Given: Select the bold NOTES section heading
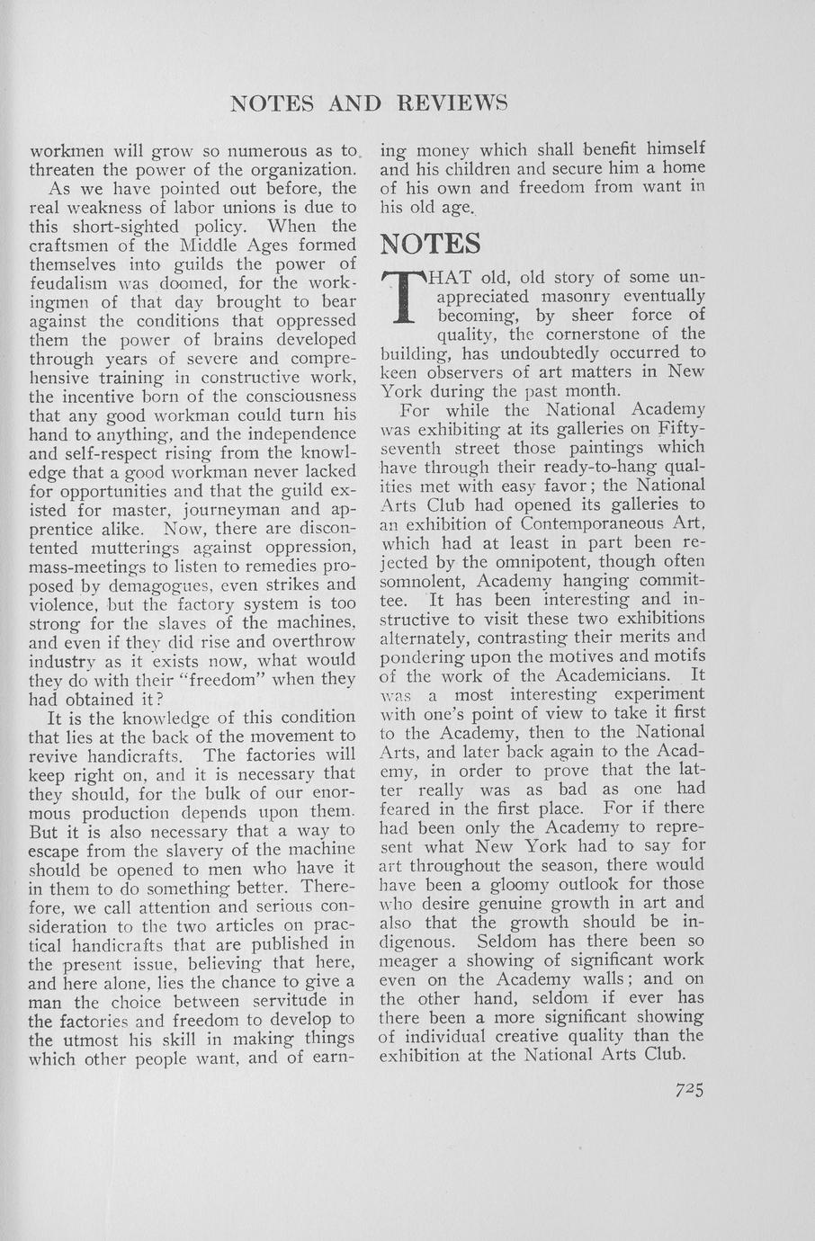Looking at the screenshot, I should coord(430,244).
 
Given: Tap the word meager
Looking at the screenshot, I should coord(415,960).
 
